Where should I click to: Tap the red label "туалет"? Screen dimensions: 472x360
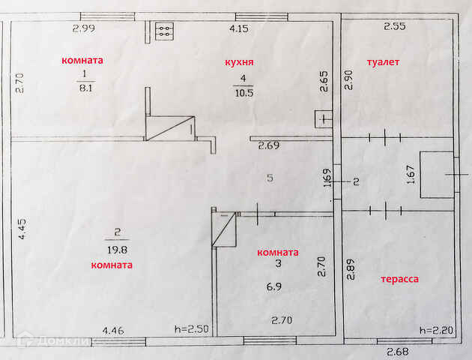click(383, 61)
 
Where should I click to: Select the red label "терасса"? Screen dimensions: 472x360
click(399, 279)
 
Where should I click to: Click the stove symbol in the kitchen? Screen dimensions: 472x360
click(164, 31)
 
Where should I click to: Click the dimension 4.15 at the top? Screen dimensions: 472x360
click(238, 29)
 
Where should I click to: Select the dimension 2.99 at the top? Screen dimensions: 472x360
click(83, 28)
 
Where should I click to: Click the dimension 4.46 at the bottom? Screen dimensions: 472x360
click(113, 329)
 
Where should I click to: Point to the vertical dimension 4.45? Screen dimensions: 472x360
click(22, 227)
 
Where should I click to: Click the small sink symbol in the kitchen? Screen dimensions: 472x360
click(324, 118)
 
